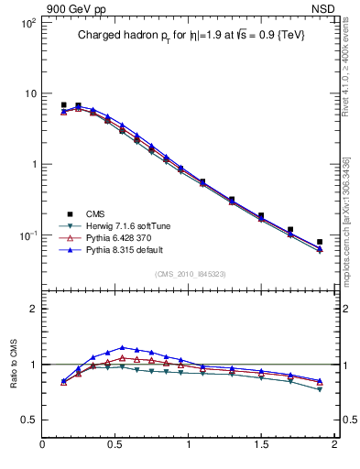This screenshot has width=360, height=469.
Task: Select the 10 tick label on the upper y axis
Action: pos(29,93)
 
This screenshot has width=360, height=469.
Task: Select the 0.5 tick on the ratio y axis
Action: pos(29,420)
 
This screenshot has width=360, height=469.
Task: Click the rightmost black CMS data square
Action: pos(320,242)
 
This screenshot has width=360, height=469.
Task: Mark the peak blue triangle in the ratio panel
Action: pos(122,348)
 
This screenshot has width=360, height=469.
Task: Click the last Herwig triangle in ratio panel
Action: pos(320,389)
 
